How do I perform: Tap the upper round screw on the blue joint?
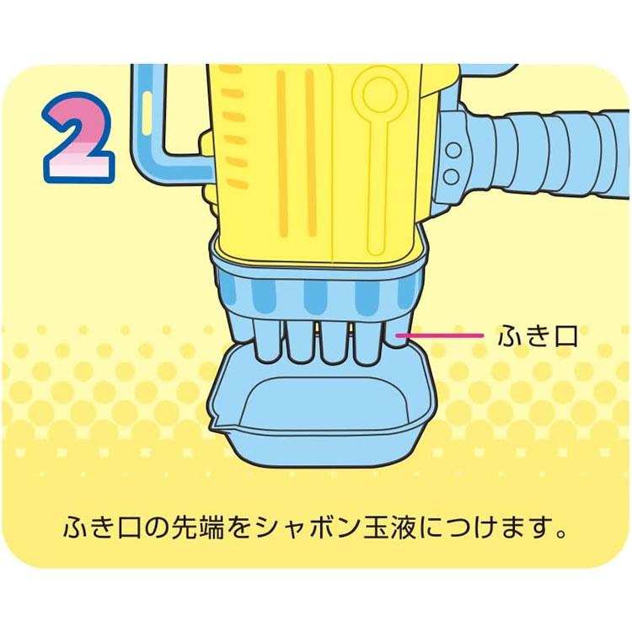[453, 151]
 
